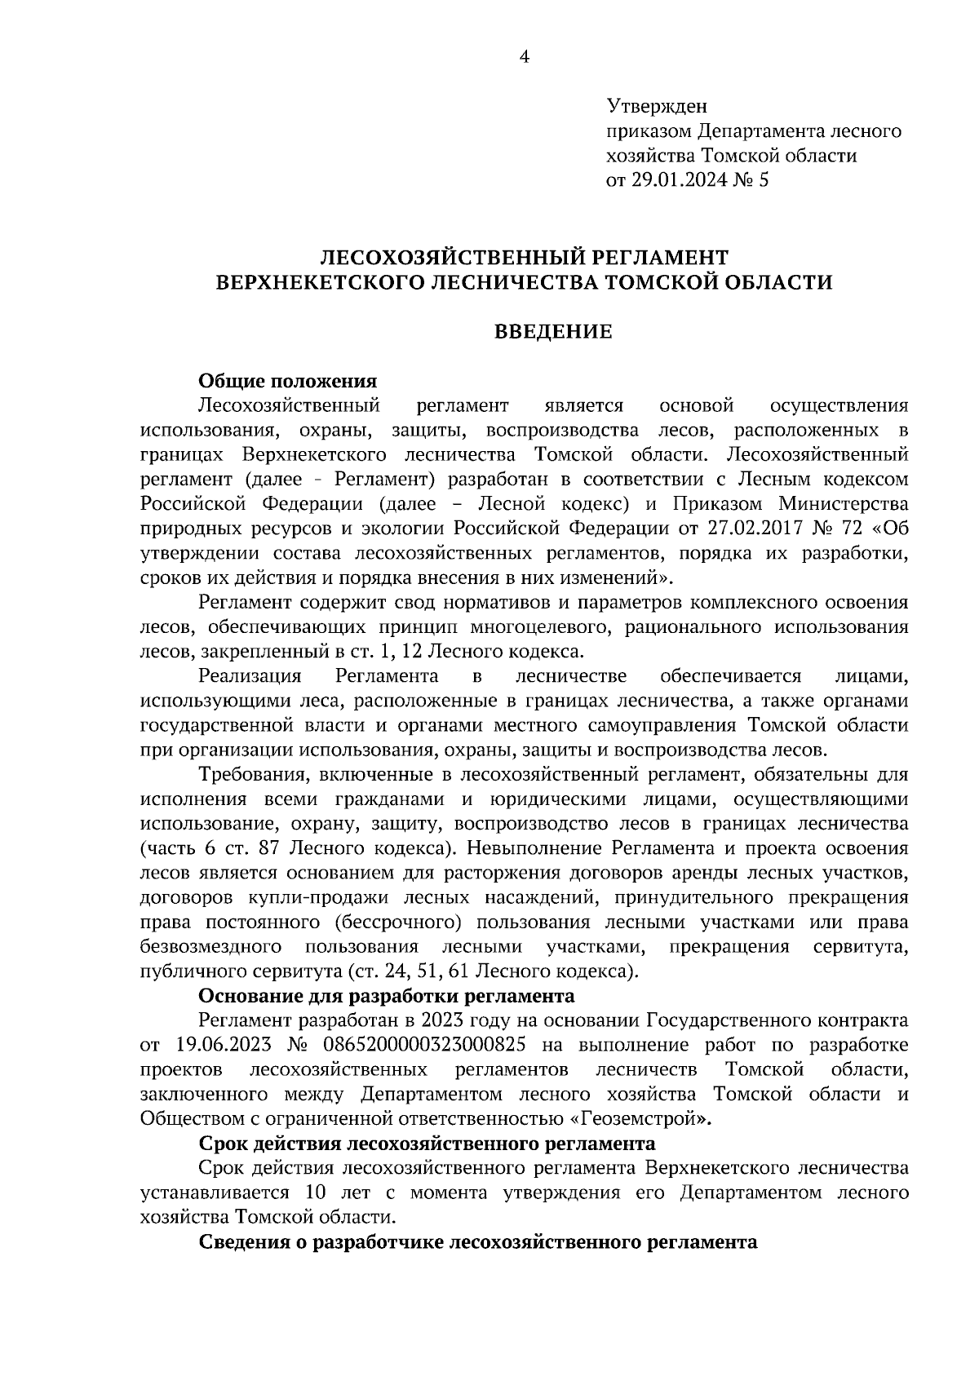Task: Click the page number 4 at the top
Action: pos(524,56)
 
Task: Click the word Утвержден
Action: pos(658,106)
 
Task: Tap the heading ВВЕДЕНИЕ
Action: pos(554,332)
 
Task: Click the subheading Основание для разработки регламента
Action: pos(387,996)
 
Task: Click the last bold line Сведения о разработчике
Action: pos(478,1242)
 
